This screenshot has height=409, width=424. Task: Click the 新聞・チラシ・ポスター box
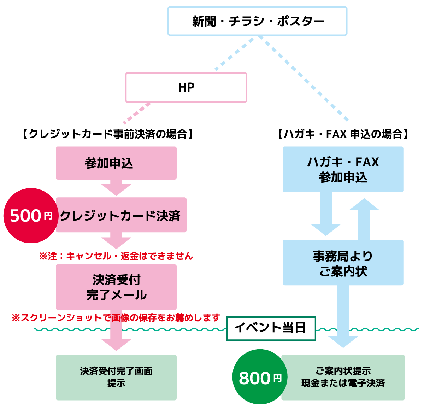[x=257, y=21]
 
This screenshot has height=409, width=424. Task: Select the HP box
[x=186, y=87]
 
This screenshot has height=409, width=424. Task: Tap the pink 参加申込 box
[x=116, y=163]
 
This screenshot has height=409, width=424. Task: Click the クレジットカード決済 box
[x=121, y=215]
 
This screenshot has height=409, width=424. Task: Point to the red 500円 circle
[x=30, y=216]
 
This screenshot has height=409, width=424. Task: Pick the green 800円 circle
[x=259, y=377]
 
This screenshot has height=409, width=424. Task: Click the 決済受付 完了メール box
[x=116, y=287]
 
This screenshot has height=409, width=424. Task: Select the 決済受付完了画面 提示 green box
[x=116, y=377]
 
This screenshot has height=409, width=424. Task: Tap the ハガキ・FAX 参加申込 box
[x=343, y=169]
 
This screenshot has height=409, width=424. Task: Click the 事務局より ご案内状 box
[x=343, y=263]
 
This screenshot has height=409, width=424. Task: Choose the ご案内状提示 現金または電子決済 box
[x=343, y=377]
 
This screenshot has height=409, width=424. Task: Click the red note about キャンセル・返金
[x=116, y=256]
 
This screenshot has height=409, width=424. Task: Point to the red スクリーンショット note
[x=116, y=317]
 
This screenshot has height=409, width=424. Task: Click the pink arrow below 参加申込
[x=116, y=188]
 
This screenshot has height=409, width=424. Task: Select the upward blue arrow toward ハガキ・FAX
[x=364, y=219]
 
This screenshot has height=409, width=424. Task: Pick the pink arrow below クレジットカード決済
[x=116, y=240]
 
